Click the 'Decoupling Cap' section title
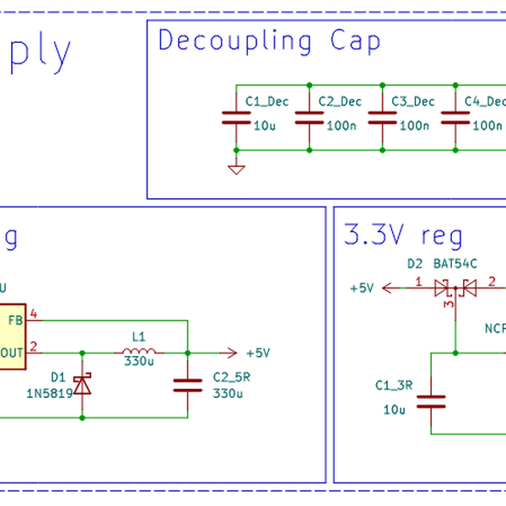tap(269, 40)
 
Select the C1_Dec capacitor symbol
tap(236, 118)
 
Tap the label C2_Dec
tap(340, 102)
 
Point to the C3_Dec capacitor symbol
tap(383, 118)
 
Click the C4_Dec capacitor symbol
tap(455, 118)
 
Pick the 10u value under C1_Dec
tap(265, 126)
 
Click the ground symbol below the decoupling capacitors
tap(236, 170)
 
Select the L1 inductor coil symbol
tap(139, 353)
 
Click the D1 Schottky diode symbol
tap(82, 385)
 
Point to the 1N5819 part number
tap(50, 393)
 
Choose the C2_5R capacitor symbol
tap(187, 385)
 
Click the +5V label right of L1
tap(257, 353)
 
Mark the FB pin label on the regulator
tap(15, 320)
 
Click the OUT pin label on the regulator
tap(12, 353)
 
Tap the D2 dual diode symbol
tap(455, 288)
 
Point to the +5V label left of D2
tap(362, 288)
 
